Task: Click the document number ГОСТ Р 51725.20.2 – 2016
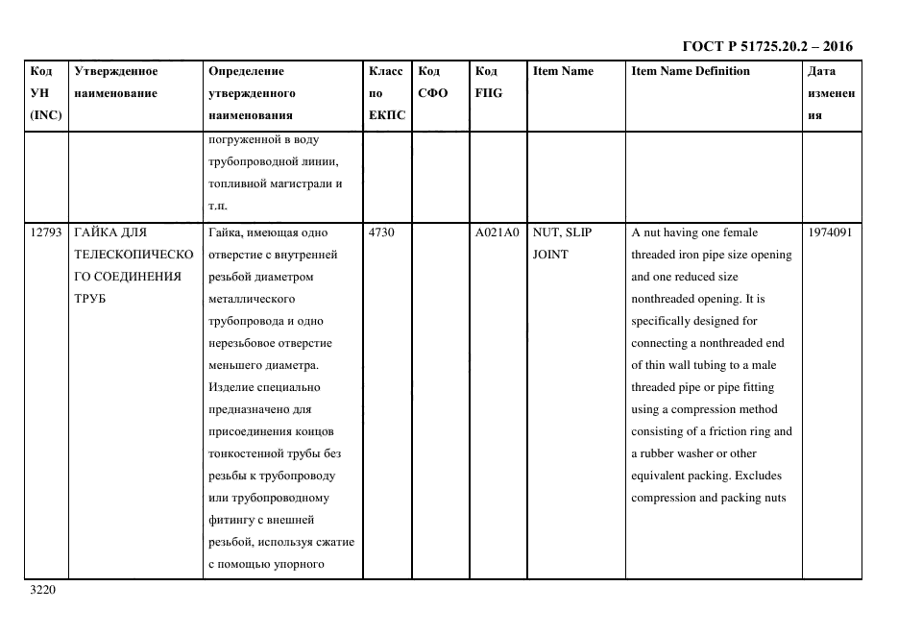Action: point(766,46)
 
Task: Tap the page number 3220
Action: point(44,590)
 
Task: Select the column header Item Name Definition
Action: point(690,71)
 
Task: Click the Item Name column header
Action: point(563,71)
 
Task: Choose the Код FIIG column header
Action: point(488,83)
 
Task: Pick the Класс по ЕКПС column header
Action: point(386,93)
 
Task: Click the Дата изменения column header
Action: point(830,93)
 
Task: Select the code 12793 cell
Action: point(45,232)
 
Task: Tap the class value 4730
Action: point(381,232)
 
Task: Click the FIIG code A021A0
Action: point(497,232)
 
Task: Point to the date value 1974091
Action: point(830,232)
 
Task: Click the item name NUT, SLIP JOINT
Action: point(562,243)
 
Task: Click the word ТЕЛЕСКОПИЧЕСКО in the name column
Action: point(133,255)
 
